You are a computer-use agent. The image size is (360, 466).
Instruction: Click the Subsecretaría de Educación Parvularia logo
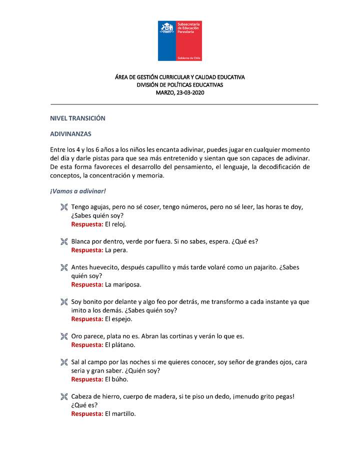tap(180, 41)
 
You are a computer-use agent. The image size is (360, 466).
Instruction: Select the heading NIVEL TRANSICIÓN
tap(77, 118)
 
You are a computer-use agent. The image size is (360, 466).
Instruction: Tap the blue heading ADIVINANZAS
tap(70, 134)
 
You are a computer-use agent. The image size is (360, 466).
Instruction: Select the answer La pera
tap(116, 250)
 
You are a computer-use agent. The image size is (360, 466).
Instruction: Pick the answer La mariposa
tap(123, 284)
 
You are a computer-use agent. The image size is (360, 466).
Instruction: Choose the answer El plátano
tap(120, 344)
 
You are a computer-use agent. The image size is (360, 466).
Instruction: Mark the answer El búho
tap(116, 379)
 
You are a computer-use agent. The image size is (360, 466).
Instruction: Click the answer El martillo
tap(120, 413)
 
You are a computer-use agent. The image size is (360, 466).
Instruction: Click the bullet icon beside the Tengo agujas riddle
tap(63, 207)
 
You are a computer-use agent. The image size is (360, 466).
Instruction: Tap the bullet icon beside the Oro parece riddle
tap(63, 336)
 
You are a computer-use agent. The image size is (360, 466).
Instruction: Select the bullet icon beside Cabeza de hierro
tap(63, 396)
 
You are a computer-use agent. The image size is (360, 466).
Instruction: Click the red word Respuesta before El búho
tap(87, 379)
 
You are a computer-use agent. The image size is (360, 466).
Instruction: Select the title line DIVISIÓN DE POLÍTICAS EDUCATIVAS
tap(180, 85)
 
